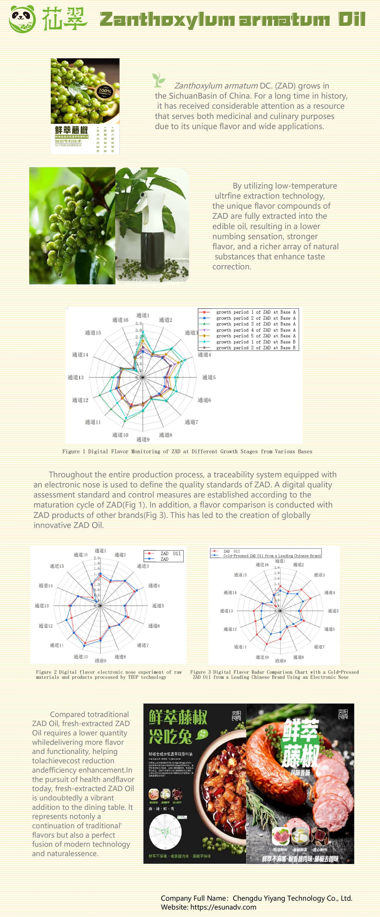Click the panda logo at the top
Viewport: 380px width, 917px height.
pyautogui.click(x=22, y=19)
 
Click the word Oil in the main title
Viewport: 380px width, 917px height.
pyautogui.click(x=351, y=19)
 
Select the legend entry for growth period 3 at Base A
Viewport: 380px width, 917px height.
pyautogui.click(x=255, y=324)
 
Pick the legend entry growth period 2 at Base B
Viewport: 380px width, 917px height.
pyautogui.click(x=255, y=348)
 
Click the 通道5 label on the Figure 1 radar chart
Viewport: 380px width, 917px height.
pyautogui.click(x=209, y=377)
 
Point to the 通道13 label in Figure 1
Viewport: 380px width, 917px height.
pyautogui.click(x=76, y=377)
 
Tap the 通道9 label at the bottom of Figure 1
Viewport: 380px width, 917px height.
pyautogui.click(x=143, y=439)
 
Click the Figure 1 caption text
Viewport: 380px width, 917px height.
pyautogui.click(x=187, y=451)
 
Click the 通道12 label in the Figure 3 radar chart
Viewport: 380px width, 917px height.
pyautogui.click(x=230, y=629)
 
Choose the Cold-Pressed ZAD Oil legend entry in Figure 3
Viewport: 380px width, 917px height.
pyautogui.click(x=272, y=556)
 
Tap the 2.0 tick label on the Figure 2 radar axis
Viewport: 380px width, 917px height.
pyautogui.click(x=96, y=558)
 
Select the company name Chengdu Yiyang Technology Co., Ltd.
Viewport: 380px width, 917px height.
pyautogui.click(x=292, y=898)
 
